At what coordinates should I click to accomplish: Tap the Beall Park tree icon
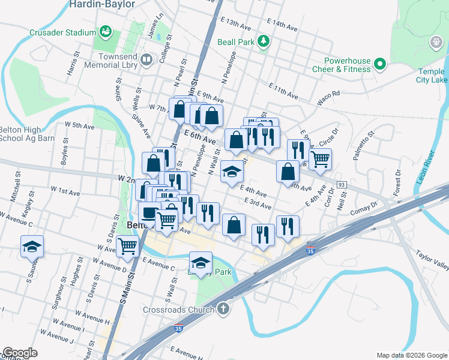click(x=262, y=41)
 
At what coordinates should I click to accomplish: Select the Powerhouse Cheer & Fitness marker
click(x=379, y=64)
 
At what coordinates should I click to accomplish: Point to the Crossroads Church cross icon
click(x=223, y=310)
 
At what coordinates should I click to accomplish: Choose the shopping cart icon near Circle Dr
click(x=321, y=159)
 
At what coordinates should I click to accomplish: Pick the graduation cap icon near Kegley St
click(x=32, y=247)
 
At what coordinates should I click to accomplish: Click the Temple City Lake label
click(x=432, y=76)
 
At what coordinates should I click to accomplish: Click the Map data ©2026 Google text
click(x=411, y=355)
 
